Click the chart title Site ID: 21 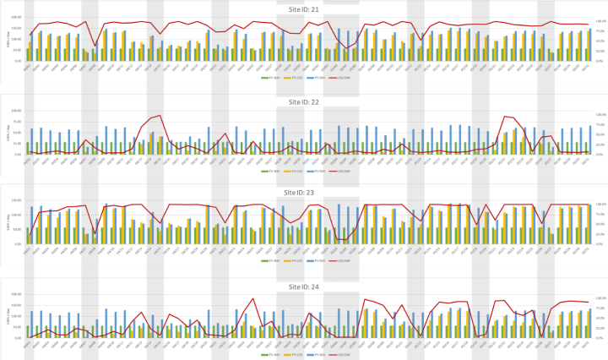pyautogui.click(x=303, y=8)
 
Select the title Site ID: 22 pyautogui.click(x=303, y=101)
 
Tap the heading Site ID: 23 pyautogui.click(x=303, y=192)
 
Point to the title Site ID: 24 pyautogui.click(x=303, y=286)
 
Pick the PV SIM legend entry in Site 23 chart pyautogui.click(x=323, y=260)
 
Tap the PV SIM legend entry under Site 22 pyautogui.click(x=323, y=169)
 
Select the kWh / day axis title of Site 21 pyautogui.click(x=8, y=39)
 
